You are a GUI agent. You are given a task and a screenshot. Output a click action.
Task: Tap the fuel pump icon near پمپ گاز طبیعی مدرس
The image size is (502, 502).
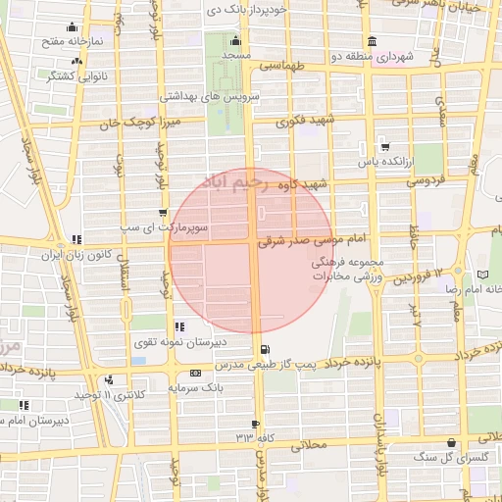coord(265,350)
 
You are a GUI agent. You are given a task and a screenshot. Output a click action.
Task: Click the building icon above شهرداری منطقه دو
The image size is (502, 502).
coord(372,41)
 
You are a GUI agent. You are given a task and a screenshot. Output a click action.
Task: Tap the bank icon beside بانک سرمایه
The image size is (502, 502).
coord(196,374)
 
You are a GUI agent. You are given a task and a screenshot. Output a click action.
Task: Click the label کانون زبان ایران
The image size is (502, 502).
coord(77,254)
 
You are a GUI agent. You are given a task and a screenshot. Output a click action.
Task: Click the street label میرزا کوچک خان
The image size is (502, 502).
coord(142,124)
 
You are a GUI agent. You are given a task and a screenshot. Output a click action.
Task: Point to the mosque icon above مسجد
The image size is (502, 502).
coord(234,41)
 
